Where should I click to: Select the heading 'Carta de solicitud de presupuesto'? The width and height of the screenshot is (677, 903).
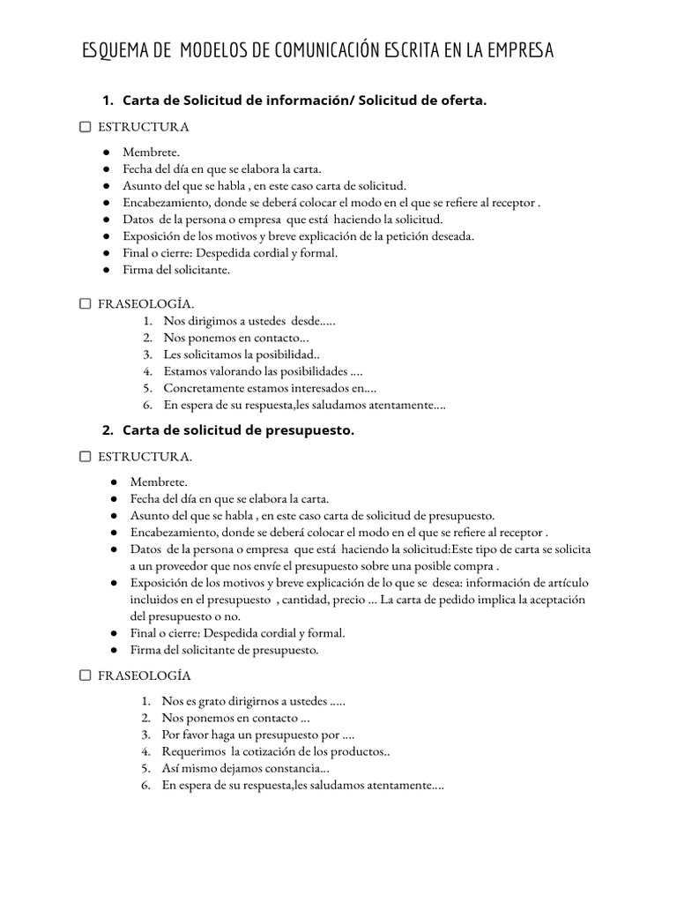point(238,430)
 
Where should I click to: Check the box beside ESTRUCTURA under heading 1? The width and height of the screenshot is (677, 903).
point(85,127)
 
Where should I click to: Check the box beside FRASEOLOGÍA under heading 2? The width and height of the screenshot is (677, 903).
point(85,675)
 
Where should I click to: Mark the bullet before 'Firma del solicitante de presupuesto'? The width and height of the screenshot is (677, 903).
point(115,651)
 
